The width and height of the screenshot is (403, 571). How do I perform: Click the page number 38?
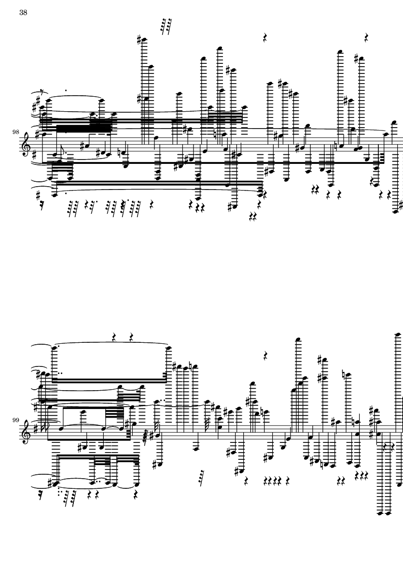(23, 13)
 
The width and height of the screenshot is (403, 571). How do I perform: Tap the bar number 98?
(15, 132)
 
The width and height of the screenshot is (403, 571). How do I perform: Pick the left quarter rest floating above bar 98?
(265, 38)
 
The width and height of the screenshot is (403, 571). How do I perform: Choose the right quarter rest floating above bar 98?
(366, 38)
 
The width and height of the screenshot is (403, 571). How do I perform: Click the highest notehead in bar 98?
(144, 40)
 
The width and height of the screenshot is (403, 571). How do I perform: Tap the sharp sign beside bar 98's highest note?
(139, 39)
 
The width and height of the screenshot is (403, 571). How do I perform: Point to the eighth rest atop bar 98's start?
(43, 91)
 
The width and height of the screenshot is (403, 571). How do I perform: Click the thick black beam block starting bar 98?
(83, 128)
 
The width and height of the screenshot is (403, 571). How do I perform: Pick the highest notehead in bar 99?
(398, 334)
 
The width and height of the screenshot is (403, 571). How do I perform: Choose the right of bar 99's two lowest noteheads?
(388, 513)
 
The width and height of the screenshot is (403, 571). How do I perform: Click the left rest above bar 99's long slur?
(114, 337)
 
